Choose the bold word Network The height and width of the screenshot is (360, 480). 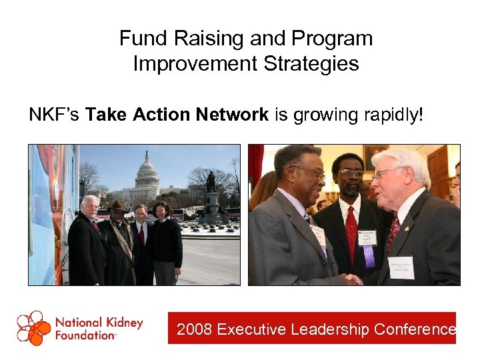[232, 115]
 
